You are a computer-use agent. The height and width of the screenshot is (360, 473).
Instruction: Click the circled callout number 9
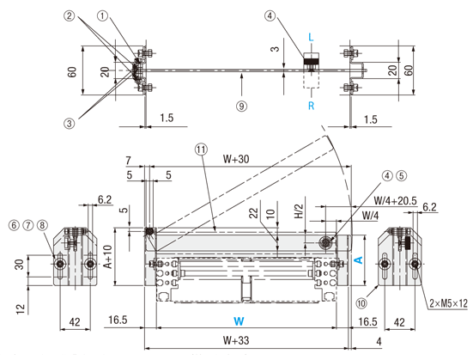coord(241,106)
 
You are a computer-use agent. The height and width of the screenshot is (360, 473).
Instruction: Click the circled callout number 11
coord(202,149)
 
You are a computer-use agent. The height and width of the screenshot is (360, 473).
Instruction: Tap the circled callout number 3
coord(70,123)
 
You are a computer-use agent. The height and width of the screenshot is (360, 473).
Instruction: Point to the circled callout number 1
coord(102,15)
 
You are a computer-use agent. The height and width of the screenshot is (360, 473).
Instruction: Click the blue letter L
coord(311,37)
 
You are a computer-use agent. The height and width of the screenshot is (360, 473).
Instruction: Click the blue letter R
coord(312,106)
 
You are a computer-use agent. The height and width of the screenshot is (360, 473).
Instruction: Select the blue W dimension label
coord(239,321)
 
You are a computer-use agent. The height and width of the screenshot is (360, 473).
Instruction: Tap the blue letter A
coord(359,259)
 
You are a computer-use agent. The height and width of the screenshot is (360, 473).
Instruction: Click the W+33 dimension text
coord(236,340)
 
